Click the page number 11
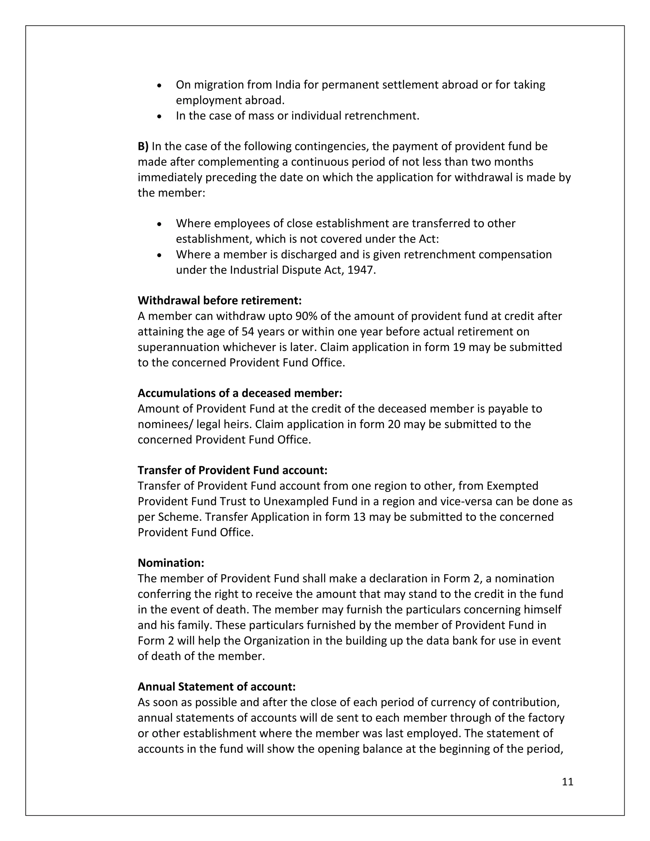click(567, 782)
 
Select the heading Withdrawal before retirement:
click(220, 300)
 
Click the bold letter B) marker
click(143, 146)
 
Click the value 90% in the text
click(306, 316)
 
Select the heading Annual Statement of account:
click(216, 686)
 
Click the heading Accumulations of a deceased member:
click(240, 393)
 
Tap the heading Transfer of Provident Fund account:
click(233, 471)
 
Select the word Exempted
click(512, 486)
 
